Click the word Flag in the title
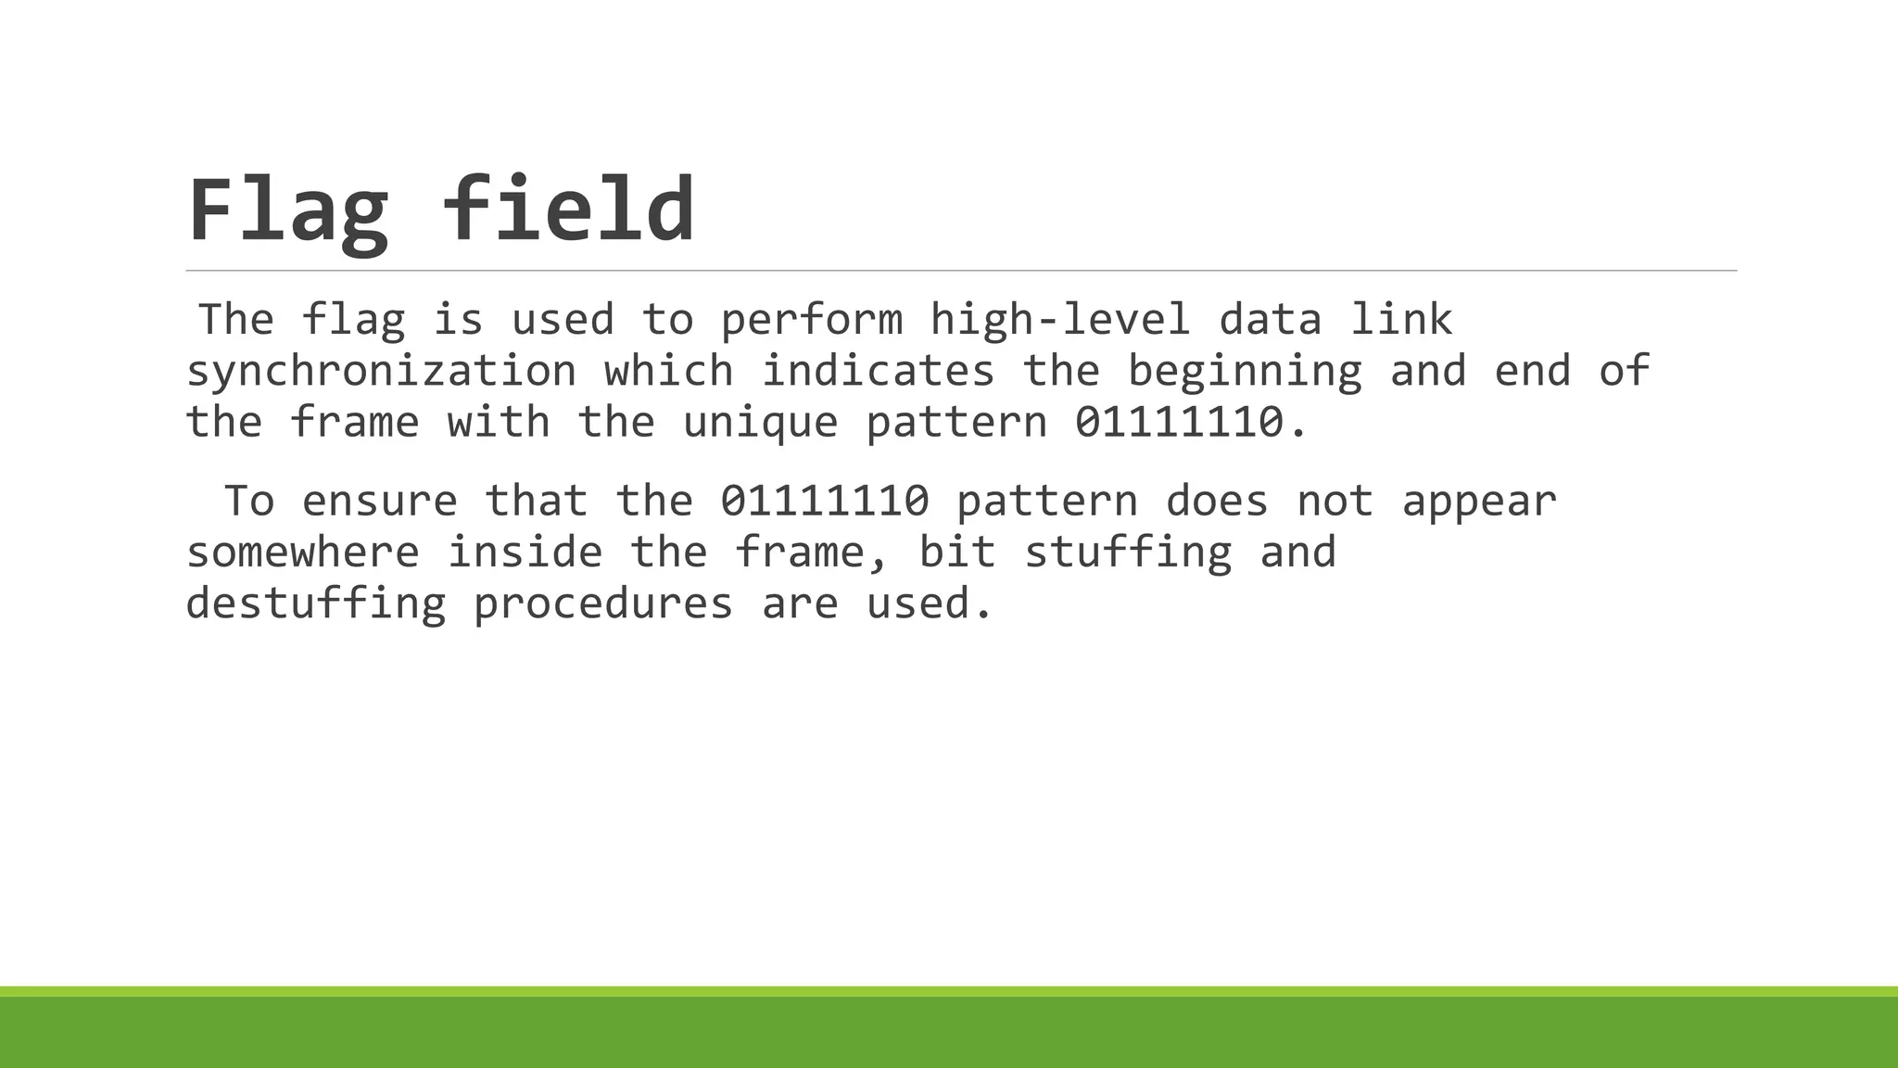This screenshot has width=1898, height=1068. point(288,210)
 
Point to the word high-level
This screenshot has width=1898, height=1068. point(1059,320)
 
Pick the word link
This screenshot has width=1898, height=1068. point(1400,320)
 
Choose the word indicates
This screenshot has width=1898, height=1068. point(878,371)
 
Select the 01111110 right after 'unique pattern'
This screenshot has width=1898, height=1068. point(1179,423)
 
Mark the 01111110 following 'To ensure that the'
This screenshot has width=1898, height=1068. point(825,502)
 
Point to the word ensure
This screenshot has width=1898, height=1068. point(380,502)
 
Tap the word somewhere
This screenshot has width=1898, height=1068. point(302,553)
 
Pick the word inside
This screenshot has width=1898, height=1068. point(525,553)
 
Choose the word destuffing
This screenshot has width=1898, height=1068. point(316,604)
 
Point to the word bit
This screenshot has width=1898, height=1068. point(956,553)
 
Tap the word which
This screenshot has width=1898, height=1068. point(668,371)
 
